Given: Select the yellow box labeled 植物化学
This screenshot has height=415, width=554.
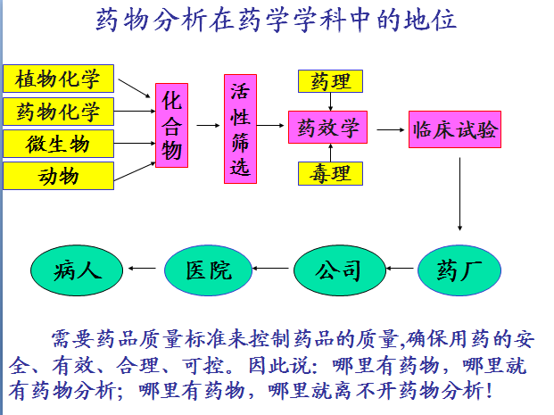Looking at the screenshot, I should click(59, 79).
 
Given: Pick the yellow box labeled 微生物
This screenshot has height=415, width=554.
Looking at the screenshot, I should click(59, 143).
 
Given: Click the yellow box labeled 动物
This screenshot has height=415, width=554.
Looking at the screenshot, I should click(59, 176).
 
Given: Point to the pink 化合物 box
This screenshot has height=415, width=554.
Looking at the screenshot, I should click(172, 126).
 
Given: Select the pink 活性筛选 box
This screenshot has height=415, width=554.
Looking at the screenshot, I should click(240, 129).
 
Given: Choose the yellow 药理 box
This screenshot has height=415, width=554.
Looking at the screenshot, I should click(330, 82).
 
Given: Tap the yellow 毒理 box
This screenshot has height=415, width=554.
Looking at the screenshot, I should click(330, 173).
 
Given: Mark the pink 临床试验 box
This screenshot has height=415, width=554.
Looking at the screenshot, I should click(455, 130).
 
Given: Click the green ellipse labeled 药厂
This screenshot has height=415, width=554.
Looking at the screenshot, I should click(459, 269).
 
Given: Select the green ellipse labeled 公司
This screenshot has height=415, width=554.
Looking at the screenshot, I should click(338, 269).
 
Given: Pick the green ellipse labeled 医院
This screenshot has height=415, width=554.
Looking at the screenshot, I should click(208, 269).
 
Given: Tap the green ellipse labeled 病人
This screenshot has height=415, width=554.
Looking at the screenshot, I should click(78, 269).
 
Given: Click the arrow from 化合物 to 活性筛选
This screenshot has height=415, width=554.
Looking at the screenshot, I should click(207, 126).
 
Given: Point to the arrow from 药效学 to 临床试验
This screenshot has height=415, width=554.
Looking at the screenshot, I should click(391, 129).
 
